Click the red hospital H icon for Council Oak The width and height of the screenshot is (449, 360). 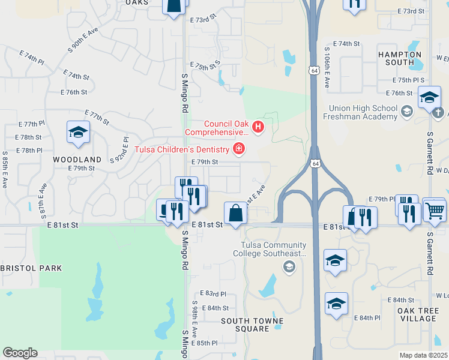(x=259, y=127)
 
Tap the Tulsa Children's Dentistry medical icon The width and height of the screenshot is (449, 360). (x=239, y=149)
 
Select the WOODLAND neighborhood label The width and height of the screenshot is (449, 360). (x=77, y=160)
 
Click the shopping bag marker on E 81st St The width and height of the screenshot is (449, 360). (x=235, y=212)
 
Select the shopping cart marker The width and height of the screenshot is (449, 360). (x=435, y=209)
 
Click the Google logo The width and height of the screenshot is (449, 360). (x=20, y=353)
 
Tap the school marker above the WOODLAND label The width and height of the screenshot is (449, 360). (x=78, y=132)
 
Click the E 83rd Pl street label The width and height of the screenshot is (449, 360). (x=214, y=294)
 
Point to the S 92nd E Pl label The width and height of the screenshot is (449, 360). (x=119, y=149)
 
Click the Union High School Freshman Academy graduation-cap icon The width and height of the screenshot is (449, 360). (x=406, y=112)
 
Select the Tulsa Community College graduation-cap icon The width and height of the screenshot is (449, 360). (x=289, y=266)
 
